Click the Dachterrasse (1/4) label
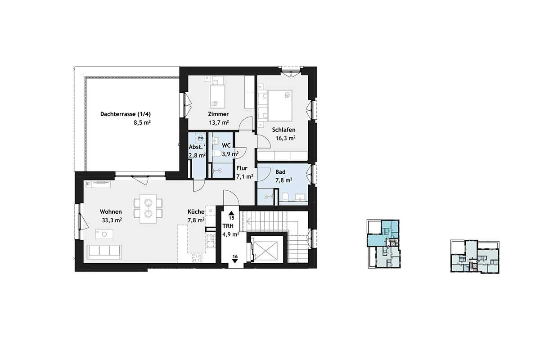126,114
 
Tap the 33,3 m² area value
112,220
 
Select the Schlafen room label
284,130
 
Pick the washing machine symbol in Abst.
200,138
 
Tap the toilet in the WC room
217,153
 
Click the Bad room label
280,172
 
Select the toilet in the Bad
285,197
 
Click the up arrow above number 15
231,213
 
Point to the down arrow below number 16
235,261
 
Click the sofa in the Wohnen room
104,252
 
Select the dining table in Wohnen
148,208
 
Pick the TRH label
228,226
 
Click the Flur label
242,168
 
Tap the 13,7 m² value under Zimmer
219,122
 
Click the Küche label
196,211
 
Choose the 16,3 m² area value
286,138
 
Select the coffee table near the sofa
104,234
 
